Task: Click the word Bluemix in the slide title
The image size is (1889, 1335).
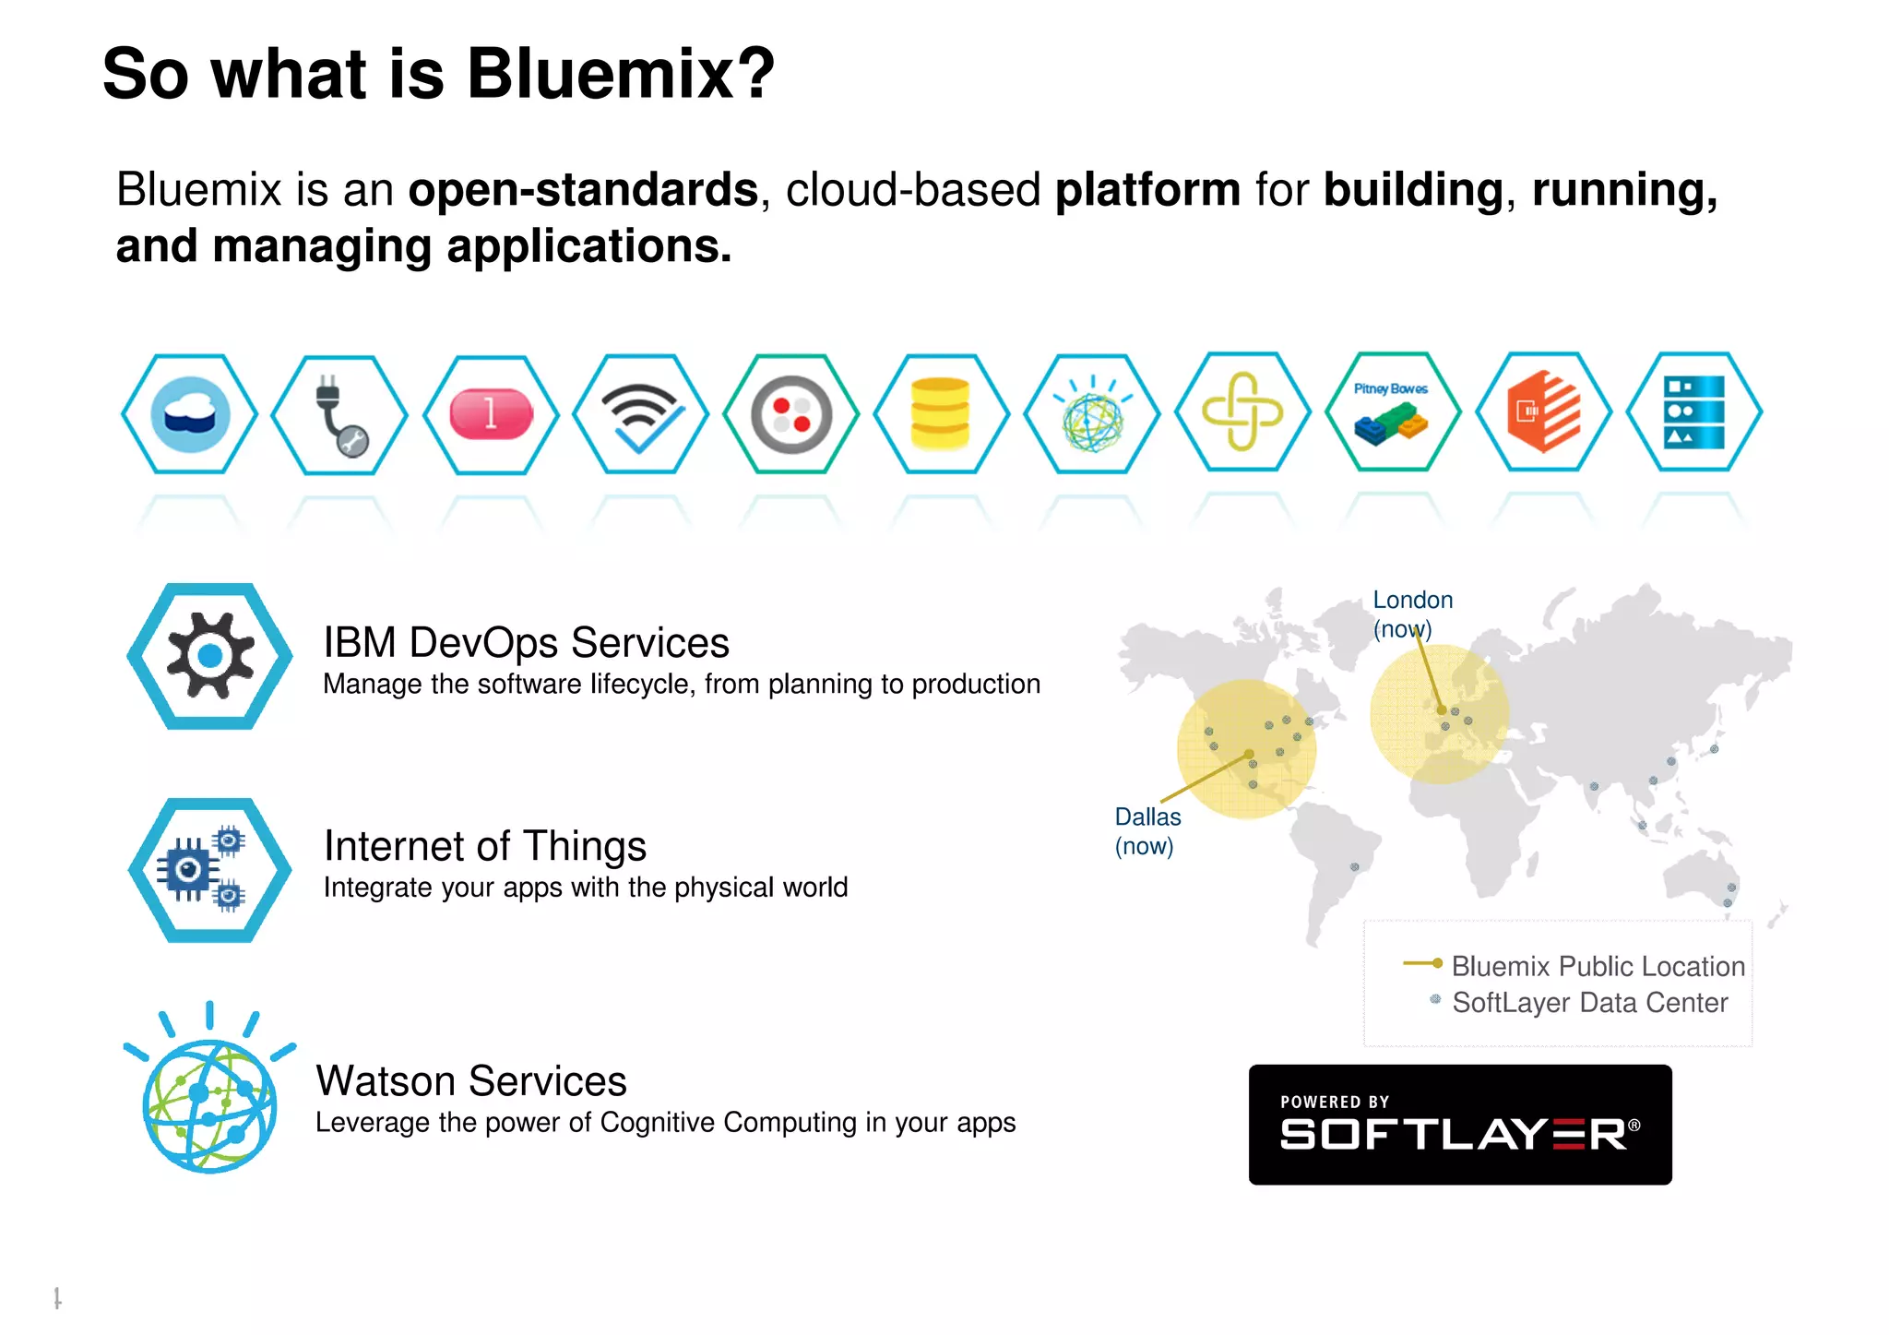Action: click(x=621, y=74)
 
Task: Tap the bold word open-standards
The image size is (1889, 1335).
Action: click(x=583, y=190)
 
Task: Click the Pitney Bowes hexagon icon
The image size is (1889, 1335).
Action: click(x=1393, y=412)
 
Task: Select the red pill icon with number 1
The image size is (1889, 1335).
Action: click(x=491, y=414)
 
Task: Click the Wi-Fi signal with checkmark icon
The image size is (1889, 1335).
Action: click(x=641, y=414)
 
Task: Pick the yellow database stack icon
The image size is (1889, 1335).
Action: click(x=941, y=414)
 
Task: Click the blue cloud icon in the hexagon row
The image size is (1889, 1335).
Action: click(x=189, y=414)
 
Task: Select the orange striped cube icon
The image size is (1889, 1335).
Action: click(x=1543, y=412)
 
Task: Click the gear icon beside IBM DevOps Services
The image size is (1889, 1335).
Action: click(x=210, y=656)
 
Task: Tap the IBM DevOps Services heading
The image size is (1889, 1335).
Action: click(x=526, y=643)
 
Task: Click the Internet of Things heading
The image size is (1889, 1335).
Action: click(x=485, y=846)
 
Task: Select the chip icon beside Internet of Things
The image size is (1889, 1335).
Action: click(x=210, y=870)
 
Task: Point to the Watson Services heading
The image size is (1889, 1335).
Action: click(x=470, y=1081)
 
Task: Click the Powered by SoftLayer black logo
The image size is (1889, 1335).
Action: click(x=1460, y=1125)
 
